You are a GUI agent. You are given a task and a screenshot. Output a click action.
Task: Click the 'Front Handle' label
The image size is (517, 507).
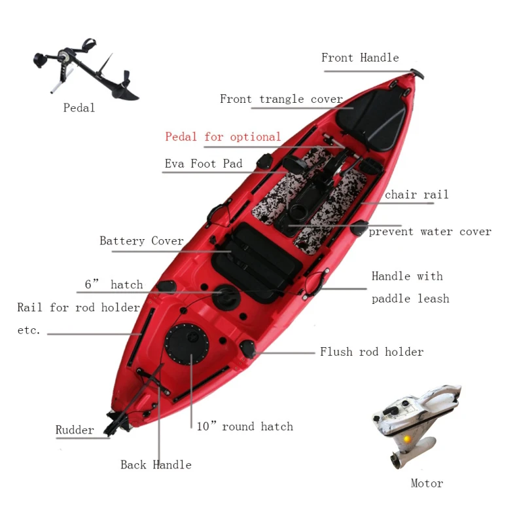tap(360, 58)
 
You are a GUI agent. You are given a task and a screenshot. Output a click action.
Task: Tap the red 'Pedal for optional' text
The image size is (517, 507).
tap(223, 137)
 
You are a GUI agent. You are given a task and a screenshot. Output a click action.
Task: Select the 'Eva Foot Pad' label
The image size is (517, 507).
tap(203, 164)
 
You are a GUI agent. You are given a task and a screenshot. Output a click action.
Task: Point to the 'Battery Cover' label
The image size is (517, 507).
tap(141, 241)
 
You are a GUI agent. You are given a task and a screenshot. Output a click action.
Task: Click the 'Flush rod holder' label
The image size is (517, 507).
tap(371, 352)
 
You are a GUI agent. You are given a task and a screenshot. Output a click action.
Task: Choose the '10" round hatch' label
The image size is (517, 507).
tap(245, 426)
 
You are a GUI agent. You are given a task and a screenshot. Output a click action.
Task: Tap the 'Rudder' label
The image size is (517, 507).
tap(75, 430)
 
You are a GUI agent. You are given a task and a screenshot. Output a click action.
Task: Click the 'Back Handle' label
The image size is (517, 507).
tap(156, 465)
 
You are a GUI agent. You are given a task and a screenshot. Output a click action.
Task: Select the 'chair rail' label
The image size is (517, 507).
tap(416, 195)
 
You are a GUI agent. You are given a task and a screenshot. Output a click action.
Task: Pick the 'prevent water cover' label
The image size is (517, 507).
tap(429, 231)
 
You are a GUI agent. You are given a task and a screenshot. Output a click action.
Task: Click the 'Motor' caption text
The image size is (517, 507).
tap(427, 483)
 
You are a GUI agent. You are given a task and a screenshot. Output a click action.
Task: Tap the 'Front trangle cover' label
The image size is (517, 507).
tap(281, 99)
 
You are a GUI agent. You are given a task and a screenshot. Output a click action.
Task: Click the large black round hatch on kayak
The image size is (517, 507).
tap(187, 344)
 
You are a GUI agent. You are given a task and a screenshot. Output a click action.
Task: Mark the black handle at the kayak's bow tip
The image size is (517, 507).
tap(416, 73)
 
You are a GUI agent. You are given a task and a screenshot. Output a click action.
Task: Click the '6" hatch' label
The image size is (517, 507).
tap(113, 285)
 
